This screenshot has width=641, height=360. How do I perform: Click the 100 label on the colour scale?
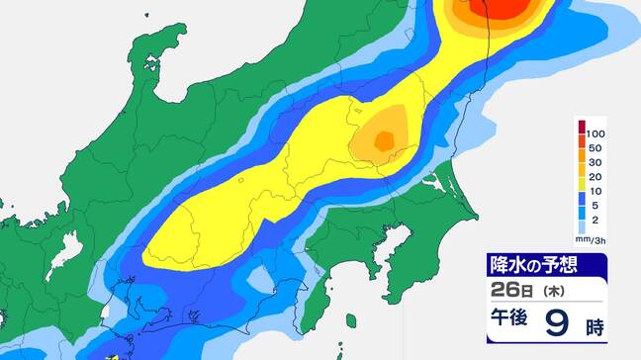click(595, 133)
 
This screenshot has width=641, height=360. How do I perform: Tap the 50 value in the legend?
click(594, 147)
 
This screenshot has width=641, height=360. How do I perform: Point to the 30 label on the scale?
click(594, 162)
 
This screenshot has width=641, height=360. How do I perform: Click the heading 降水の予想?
click(533, 265)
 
